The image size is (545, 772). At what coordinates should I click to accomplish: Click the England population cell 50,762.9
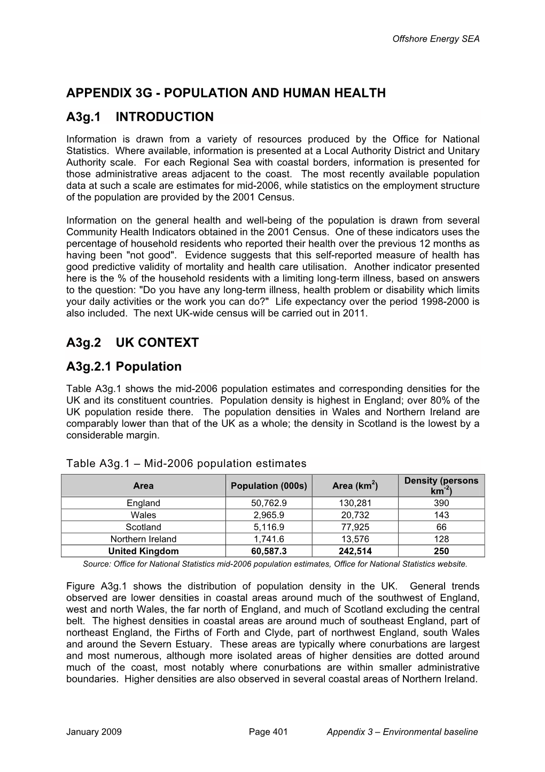(x=269, y=503)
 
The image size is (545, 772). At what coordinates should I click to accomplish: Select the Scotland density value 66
(x=441, y=527)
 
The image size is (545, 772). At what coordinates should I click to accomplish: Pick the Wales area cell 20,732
(x=355, y=515)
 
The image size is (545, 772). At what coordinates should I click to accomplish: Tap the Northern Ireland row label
(x=143, y=539)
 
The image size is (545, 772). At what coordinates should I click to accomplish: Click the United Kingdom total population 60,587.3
(x=269, y=551)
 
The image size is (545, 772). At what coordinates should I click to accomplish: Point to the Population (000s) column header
(x=269, y=486)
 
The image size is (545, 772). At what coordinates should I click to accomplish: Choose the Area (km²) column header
(x=355, y=486)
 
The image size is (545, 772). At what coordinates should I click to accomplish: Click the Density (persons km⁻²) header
(x=441, y=486)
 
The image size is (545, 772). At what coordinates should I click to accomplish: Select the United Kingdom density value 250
(x=441, y=551)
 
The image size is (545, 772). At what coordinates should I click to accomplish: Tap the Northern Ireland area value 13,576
(x=355, y=539)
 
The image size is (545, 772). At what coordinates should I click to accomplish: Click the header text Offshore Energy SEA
(x=436, y=39)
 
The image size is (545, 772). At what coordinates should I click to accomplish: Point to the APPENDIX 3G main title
(x=225, y=93)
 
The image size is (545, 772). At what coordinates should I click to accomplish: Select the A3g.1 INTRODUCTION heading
(x=140, y=117)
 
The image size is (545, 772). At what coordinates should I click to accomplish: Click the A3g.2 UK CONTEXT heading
(x=133, y=342)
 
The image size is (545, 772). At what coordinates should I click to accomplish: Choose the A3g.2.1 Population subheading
(x=124, y=366)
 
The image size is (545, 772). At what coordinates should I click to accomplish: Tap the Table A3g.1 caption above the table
(x=186, y=463)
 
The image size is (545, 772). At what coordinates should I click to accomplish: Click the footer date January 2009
(x=94, y=732)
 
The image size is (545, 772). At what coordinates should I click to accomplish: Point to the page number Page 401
(x=268, y=732)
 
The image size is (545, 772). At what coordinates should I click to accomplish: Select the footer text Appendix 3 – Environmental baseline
(x=402, y=732)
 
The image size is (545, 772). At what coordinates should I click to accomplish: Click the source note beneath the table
(x=275, y=563)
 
